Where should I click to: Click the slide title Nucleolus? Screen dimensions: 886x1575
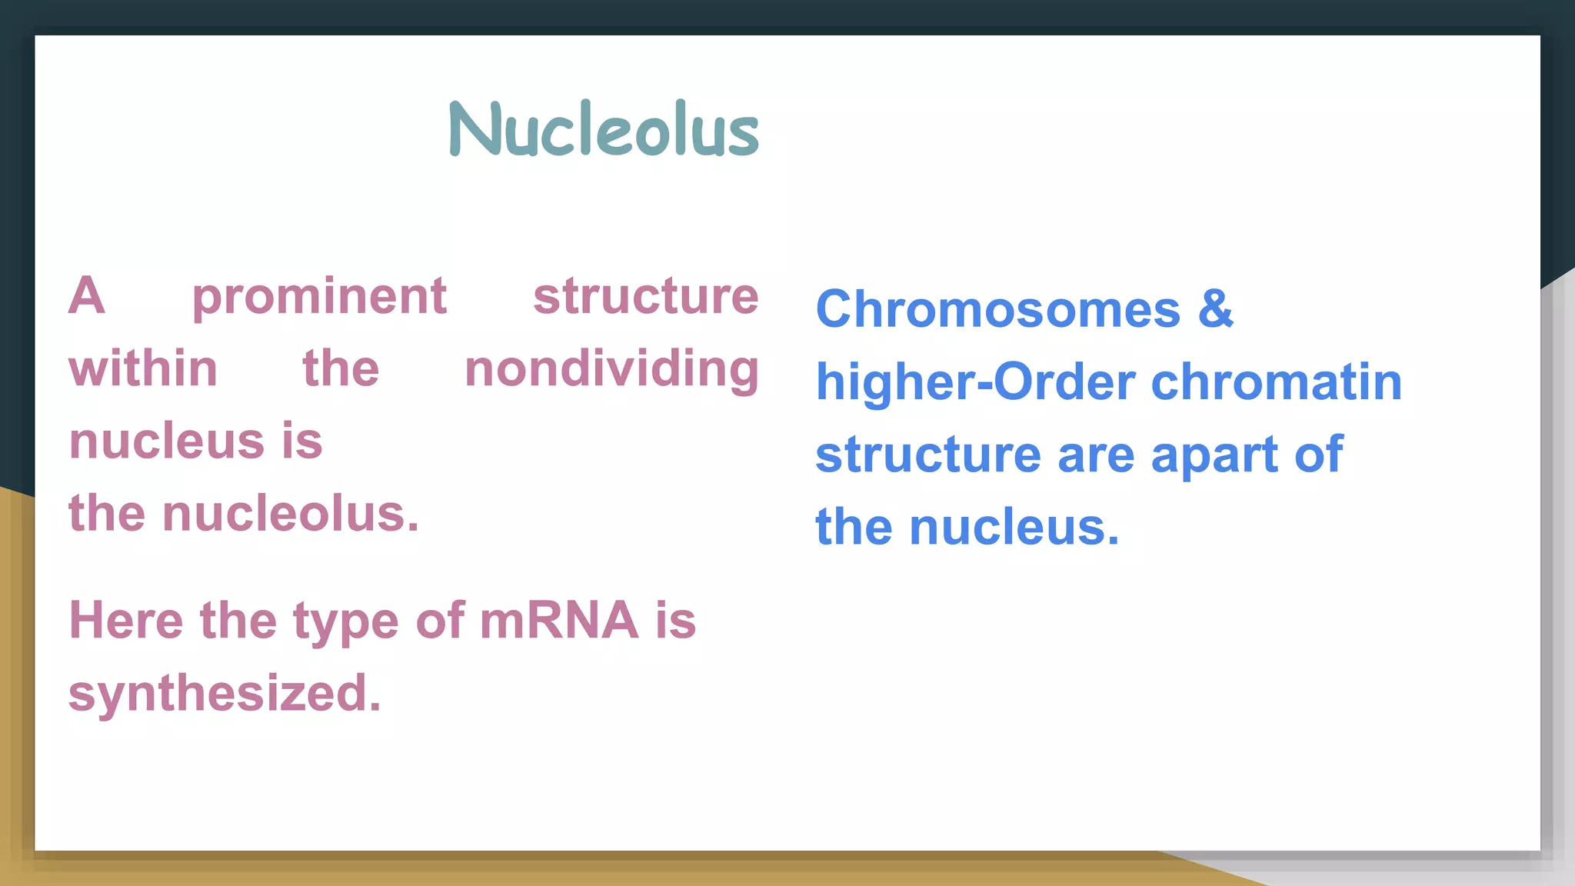tap(604, 129)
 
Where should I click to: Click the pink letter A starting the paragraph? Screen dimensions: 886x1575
tap(87, 296)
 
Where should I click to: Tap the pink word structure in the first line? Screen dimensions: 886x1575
tap(645, 296)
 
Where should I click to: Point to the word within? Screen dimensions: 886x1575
tap(143, 368)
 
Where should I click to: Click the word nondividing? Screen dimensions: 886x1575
tap(611, 370)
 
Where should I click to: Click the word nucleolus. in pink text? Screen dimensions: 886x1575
tap(291, 514)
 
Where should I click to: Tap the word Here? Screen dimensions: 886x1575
tap(126, 621)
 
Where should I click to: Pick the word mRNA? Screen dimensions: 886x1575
tap(559, 621)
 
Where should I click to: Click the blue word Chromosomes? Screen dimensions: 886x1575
tap(997, 310)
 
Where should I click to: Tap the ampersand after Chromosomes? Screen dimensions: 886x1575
tap(1215, 309)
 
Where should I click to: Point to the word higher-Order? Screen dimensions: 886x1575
tap(975, 382)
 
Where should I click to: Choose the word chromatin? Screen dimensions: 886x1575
tap(1277, 382)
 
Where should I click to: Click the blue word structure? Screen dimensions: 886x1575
tap(928, 455)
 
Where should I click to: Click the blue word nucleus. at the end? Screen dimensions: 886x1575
tap(1014, 528)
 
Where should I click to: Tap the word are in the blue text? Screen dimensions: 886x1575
tap(1096, 455)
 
